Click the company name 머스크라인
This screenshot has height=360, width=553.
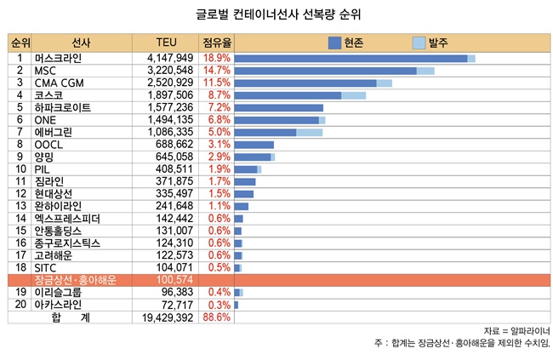coord(59,59)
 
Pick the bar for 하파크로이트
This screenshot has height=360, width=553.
coord(279,108)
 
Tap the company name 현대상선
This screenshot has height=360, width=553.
coord(54,194)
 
